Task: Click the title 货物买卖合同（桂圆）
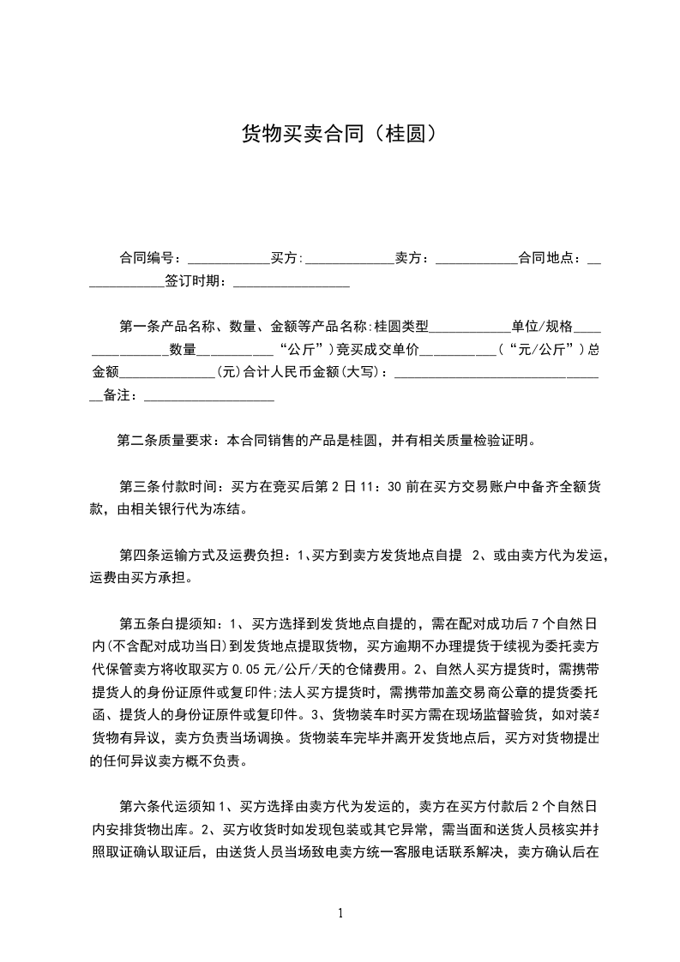pos(340,134)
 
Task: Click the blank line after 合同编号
pos(228,258)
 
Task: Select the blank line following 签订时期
pos(292,281)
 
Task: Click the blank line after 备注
pos(209,396)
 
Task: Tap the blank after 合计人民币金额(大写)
pos(497,373)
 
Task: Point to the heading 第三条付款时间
pos(169,488)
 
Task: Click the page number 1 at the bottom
pos(341,913)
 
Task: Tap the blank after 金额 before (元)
pos(168,373)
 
